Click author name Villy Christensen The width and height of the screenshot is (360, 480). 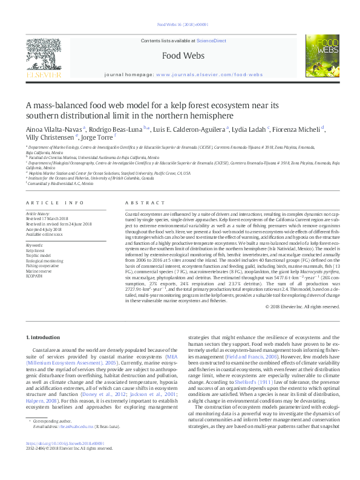point(47,137)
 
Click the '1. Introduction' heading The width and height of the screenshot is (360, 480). point(44,336)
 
